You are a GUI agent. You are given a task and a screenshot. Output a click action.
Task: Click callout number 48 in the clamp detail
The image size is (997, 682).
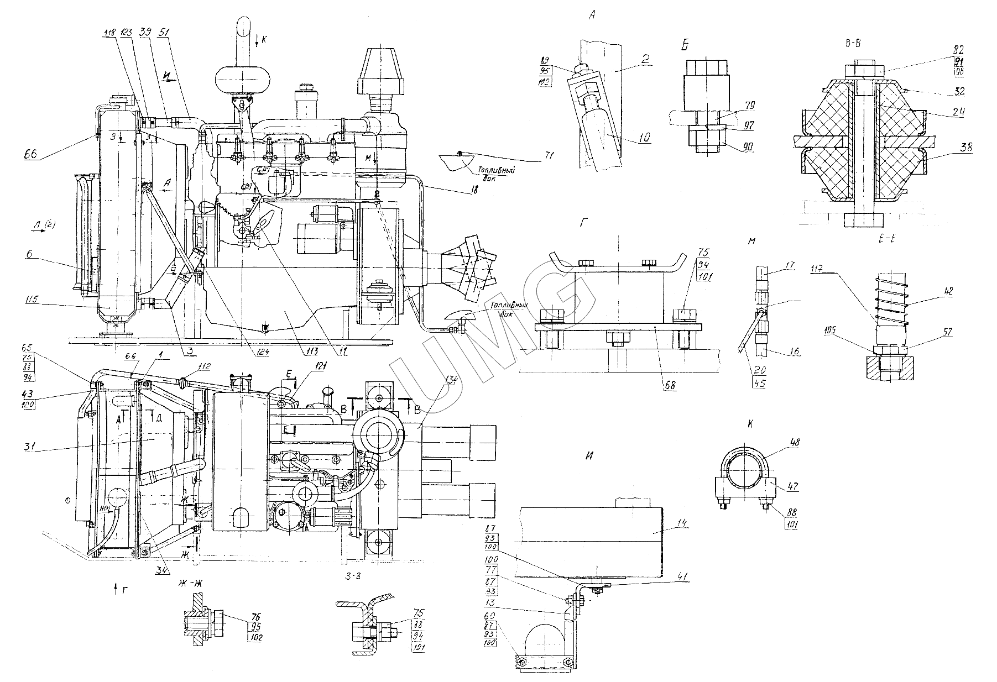(x=780, y=443)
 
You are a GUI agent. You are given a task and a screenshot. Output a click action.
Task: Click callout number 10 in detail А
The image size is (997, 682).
(x=645, y=137)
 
